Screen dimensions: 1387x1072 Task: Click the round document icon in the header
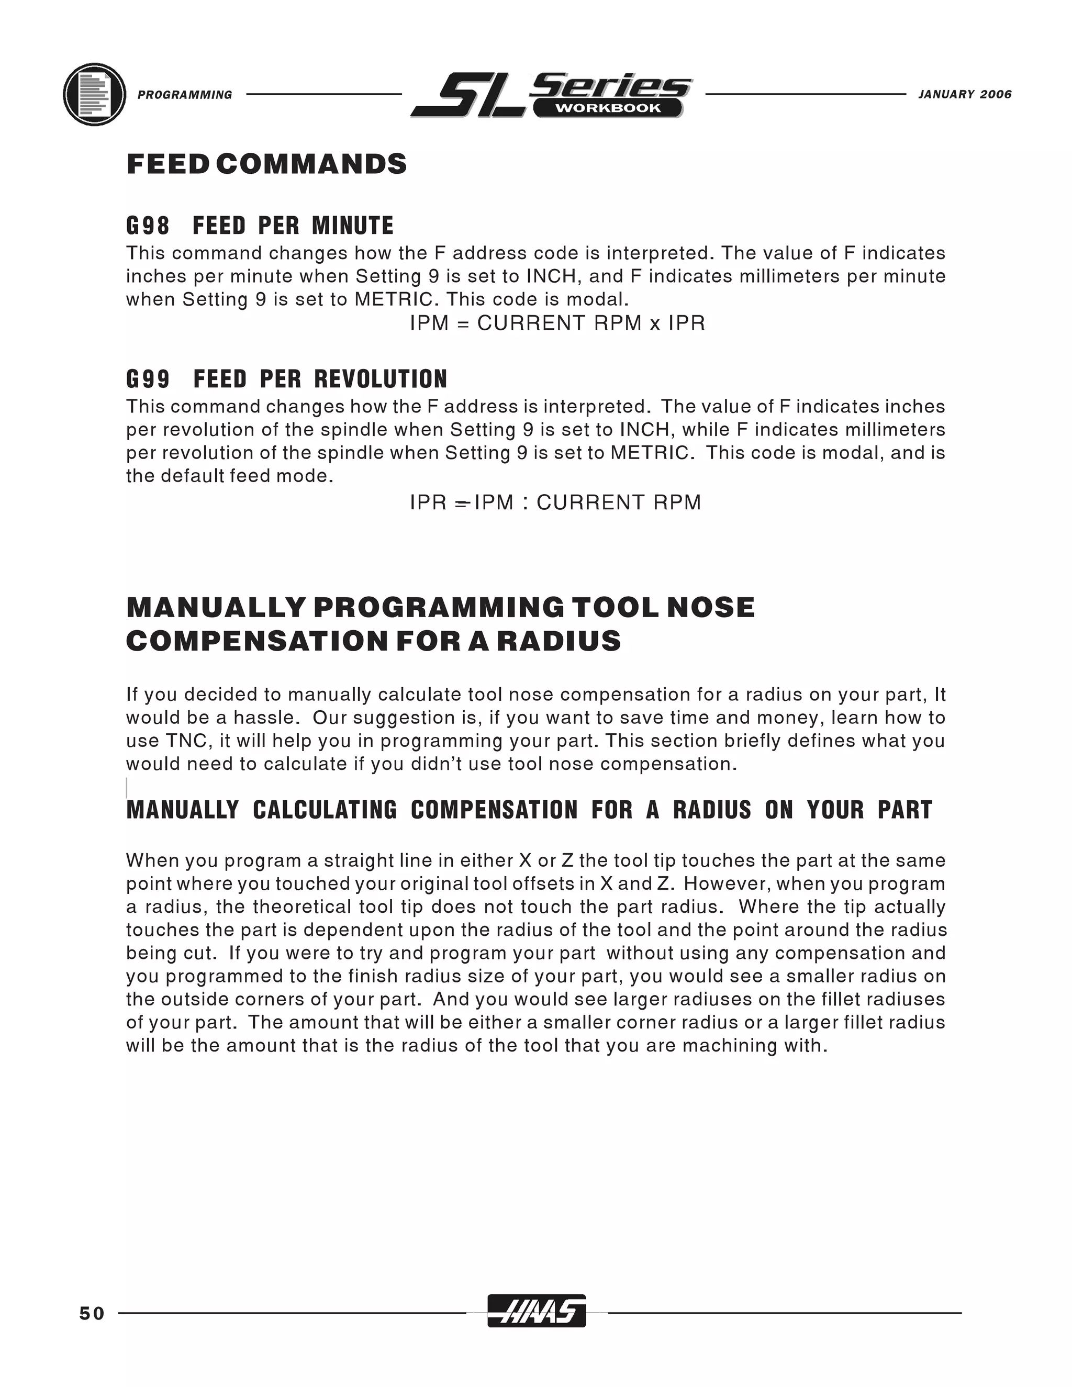(94, 95)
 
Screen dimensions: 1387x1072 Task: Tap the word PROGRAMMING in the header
(185, 95)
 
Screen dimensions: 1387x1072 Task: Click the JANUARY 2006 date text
(965, 95)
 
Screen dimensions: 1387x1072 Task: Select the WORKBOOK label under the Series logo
(608, 108)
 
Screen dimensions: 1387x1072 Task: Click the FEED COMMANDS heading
(267, 164)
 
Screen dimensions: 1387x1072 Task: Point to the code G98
(148, 226)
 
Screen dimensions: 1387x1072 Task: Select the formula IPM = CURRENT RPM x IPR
(557, 323)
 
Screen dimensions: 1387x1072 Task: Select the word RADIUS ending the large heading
(559, 642)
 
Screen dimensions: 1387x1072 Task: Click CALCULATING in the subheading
(325, 810)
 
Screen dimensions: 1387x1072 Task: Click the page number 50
(92, 1313)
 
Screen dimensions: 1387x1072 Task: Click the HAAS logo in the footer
(536, 1311)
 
